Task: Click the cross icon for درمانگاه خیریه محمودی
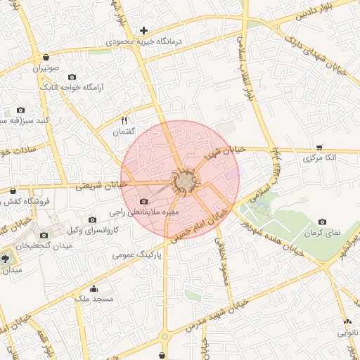click(143, 30)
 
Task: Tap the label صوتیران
click(44, 69)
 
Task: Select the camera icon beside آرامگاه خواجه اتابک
click(72, 96)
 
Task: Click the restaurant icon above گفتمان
click(124, 120)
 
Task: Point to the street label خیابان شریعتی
click(101, 185)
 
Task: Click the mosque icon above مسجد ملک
click(94, 288)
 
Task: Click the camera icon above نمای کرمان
click(322, 222)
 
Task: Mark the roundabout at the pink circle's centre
click(186, 181)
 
